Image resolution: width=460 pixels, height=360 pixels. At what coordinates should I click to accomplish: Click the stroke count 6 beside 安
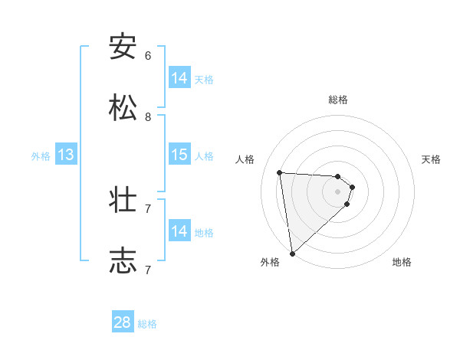148,55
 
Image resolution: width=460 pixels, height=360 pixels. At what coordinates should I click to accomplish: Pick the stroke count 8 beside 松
148,116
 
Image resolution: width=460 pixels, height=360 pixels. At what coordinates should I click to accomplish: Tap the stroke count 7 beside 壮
148,208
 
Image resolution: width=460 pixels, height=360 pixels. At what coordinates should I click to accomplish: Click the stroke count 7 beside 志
148,270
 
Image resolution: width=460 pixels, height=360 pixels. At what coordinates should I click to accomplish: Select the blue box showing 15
179,155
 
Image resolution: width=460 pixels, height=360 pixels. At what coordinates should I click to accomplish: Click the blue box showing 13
66,155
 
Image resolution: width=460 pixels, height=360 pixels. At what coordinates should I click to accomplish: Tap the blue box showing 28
123,322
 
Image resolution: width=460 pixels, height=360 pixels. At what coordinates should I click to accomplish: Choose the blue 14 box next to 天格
179,78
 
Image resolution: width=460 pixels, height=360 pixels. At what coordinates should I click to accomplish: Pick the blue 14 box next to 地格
179,231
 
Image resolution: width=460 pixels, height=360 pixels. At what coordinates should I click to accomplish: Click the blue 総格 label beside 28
147,324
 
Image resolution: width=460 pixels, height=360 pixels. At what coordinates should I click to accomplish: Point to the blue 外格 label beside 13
41,156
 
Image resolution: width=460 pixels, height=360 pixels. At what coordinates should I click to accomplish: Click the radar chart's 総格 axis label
338,100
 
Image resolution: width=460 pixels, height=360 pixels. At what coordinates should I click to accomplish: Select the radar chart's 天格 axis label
431,159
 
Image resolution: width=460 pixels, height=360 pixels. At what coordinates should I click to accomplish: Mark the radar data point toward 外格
291,254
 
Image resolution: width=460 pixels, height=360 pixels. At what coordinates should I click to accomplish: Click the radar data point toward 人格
280,172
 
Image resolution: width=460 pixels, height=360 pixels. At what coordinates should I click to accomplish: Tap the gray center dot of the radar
338,192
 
